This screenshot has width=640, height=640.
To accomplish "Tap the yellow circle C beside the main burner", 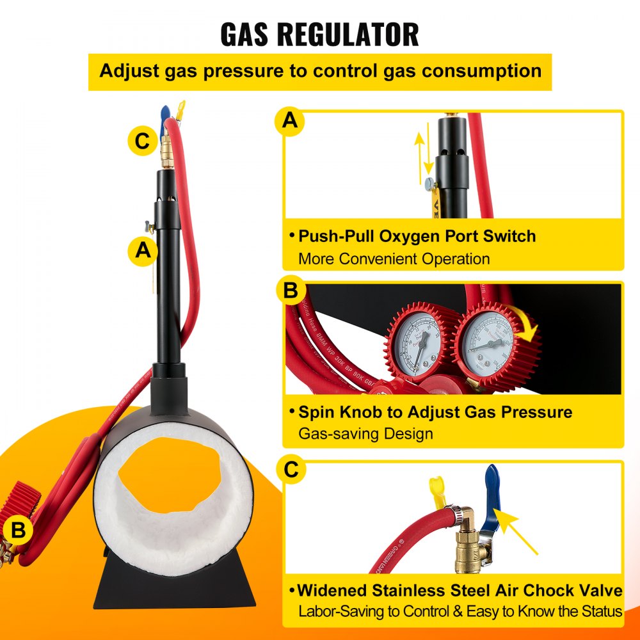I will [x=142, y=141].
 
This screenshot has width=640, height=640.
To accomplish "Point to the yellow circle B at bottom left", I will [x=19, y=531].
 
